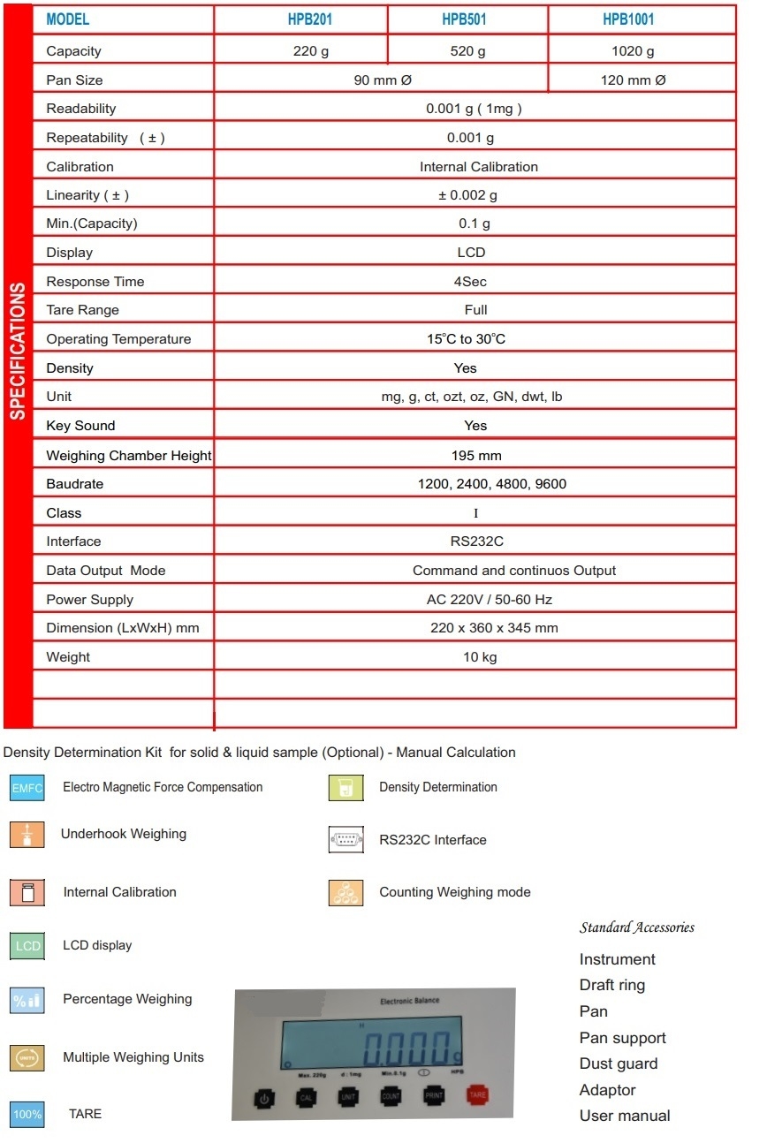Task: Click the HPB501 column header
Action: click(467, 19)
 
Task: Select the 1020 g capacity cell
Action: click(633, 51)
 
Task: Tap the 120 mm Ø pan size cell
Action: click(633, 79)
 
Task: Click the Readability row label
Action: click(81, 109)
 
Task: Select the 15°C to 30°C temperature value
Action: click(466, 339)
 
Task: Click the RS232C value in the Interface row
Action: click(476, 541)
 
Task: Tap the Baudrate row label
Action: click(75, 484)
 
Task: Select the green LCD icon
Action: click(27, 946)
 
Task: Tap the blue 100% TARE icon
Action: click(27, 1115)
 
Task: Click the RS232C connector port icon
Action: click(346, 840)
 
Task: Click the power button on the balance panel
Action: click(263, 1098)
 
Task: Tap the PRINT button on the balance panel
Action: click(434, 1096)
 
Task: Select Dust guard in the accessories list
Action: click(619, 1064)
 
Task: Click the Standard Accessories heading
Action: click(637, 927)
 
